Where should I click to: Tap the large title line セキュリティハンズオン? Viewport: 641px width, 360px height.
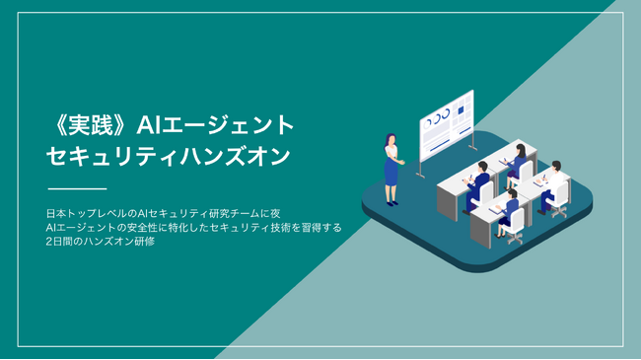point(169,156)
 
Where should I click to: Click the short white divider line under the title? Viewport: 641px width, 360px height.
point(77,187)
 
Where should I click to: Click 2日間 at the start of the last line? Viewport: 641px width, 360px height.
point(60,242)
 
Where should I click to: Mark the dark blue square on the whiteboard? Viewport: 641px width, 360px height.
point(463,107)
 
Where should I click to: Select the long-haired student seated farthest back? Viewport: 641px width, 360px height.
point(517,158)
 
